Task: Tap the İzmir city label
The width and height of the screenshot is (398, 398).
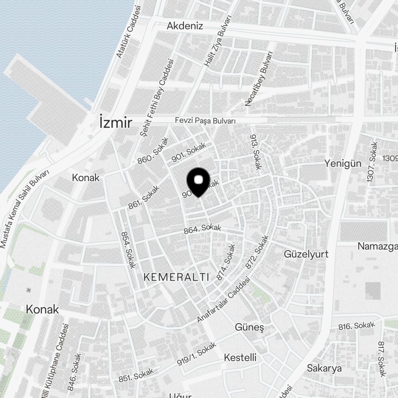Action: (115, 123)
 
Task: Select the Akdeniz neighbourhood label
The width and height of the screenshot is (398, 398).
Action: (185, 26)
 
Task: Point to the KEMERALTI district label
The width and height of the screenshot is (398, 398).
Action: (176, 277)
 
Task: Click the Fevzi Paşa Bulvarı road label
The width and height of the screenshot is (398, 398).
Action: (206, 121)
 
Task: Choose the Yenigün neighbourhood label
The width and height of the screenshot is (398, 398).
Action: (342, 163)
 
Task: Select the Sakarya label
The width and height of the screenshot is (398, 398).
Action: (324, 368)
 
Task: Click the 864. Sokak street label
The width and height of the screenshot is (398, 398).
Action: (202, 229)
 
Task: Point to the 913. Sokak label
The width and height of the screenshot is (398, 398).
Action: (255, 152)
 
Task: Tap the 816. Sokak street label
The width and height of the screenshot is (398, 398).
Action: (357, 326)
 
